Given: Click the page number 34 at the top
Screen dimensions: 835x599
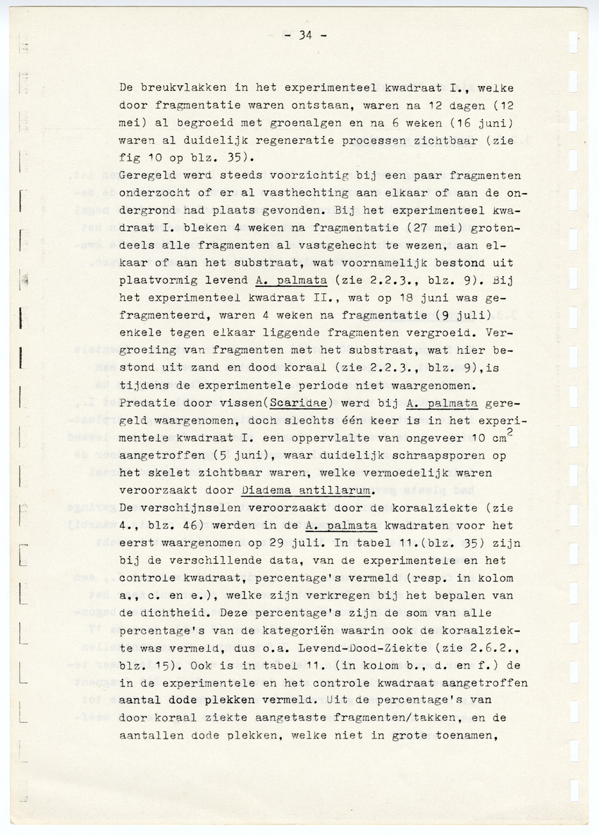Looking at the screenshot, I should tap(304, 37).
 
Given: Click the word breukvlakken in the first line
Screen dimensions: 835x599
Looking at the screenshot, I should tap(176, 89).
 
